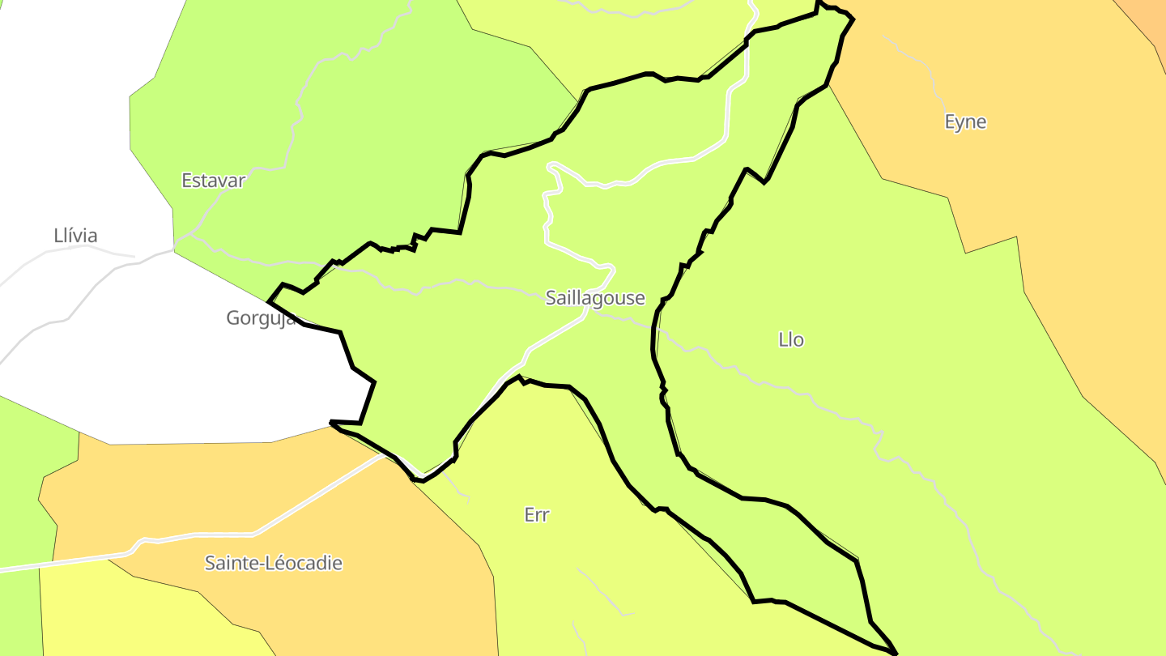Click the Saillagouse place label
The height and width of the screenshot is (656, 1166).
595,298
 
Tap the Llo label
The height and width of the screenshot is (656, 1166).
791,340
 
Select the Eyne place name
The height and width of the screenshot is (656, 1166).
965,122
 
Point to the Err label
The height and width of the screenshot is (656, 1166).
537,515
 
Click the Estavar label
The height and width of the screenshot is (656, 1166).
213,181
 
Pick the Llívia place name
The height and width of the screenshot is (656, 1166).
75,236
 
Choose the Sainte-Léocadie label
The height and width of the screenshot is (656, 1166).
274,563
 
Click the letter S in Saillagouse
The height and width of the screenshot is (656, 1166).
551,298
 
